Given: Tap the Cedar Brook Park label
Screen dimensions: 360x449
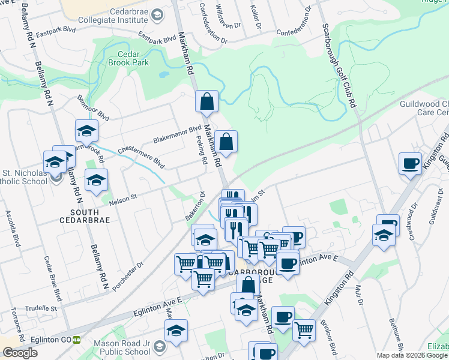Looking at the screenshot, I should pos(128,57).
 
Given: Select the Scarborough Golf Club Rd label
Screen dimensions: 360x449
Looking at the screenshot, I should pos(339,66).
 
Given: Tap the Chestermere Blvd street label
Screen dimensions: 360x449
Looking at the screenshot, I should pos(141,154).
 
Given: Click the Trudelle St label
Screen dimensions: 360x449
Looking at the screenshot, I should pos(44,308).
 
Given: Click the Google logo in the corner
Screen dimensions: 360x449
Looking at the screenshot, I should pos(20,353).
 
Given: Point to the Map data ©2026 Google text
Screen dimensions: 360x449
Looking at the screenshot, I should pos(412,355).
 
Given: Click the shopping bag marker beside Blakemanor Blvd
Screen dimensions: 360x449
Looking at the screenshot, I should pos(226,143).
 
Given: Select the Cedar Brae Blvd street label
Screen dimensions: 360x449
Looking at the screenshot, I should pos(53,278).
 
